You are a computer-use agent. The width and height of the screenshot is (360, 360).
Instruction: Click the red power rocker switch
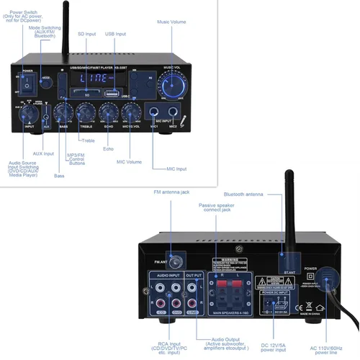[x=28, y=86]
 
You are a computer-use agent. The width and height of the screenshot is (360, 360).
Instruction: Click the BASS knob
[x=64, y=113]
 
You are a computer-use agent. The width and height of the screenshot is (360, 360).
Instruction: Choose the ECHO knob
[x=109, y=113]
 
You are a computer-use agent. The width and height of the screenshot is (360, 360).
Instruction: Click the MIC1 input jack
[x=154, y=113]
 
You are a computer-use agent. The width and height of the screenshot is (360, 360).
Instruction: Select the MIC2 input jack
[x=174, y=113]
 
